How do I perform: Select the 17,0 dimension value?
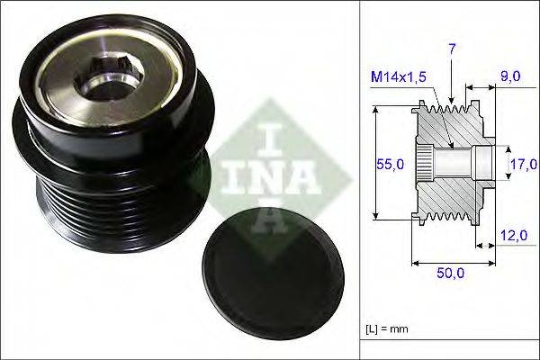coord(523,164)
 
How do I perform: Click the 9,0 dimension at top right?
coord(510,77)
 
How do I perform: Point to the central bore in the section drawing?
coord(459,163)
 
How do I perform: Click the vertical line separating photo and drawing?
coord(360,180)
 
